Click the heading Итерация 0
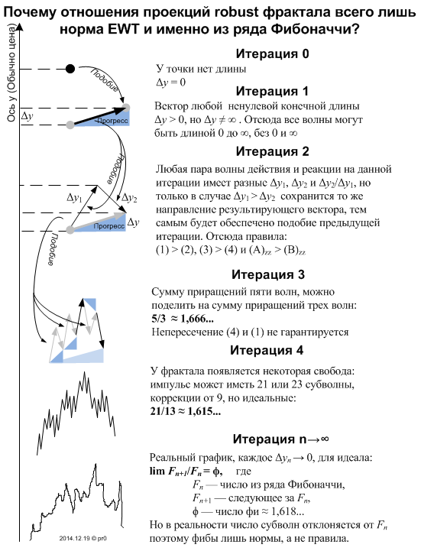(x=272, y=53)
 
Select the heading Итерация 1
(x=272, y=91)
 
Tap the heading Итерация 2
(x=272, y=151)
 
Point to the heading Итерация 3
(x=267, y=274)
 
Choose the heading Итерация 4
(x=267, y=350)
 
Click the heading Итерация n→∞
(x=280, y=439)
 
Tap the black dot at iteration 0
(x=70, y=69)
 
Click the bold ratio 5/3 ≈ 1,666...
(x=183, y=319)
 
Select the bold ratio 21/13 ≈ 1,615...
(x=185, y=411)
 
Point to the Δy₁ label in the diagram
(x=74, y=198)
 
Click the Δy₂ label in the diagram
(x=129, y=198)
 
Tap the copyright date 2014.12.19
(x=75, y=538)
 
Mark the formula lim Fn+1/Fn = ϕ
(x=186, y=472)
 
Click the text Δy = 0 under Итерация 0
(x=171, y=83)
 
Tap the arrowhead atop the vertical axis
(x=20, y=27)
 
